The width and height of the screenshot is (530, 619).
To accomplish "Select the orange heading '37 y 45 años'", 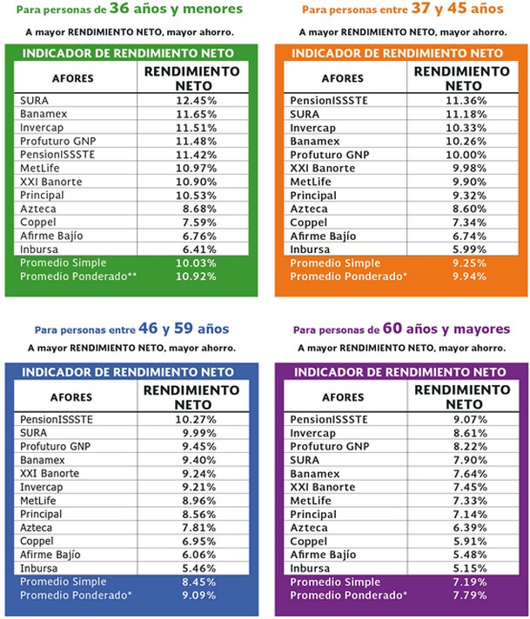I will (x=443, y=10).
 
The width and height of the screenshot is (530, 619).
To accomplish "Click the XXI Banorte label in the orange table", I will (x=323, y=168).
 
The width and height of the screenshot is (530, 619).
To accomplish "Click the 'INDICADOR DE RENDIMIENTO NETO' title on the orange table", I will (x=397, y=53).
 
